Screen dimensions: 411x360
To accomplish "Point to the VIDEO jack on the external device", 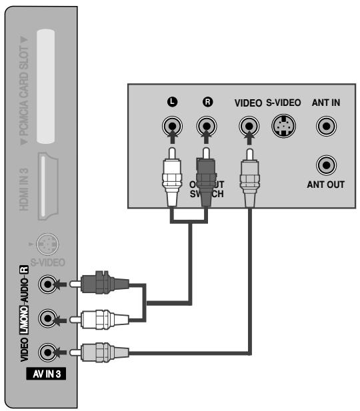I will pyautogui.click(x=249, y=125).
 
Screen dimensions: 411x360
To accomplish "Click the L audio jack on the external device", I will pyautogui.click(x=173, y=125).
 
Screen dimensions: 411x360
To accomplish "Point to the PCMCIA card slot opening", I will pyautogui.click(x=45, y=87).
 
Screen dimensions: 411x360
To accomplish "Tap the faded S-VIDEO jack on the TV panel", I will pyautogui.click(x=46, y=243).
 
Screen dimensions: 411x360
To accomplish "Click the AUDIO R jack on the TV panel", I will pyautogui.click(x=47, y=284).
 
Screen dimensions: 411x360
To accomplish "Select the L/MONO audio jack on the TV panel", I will pyautogui.click(x=47, y=316).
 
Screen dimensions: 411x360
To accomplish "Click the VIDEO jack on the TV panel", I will pyautogui.click(x=47, y=350).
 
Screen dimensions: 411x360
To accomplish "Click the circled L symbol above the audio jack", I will pyautogui.click(x=173, y=103).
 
